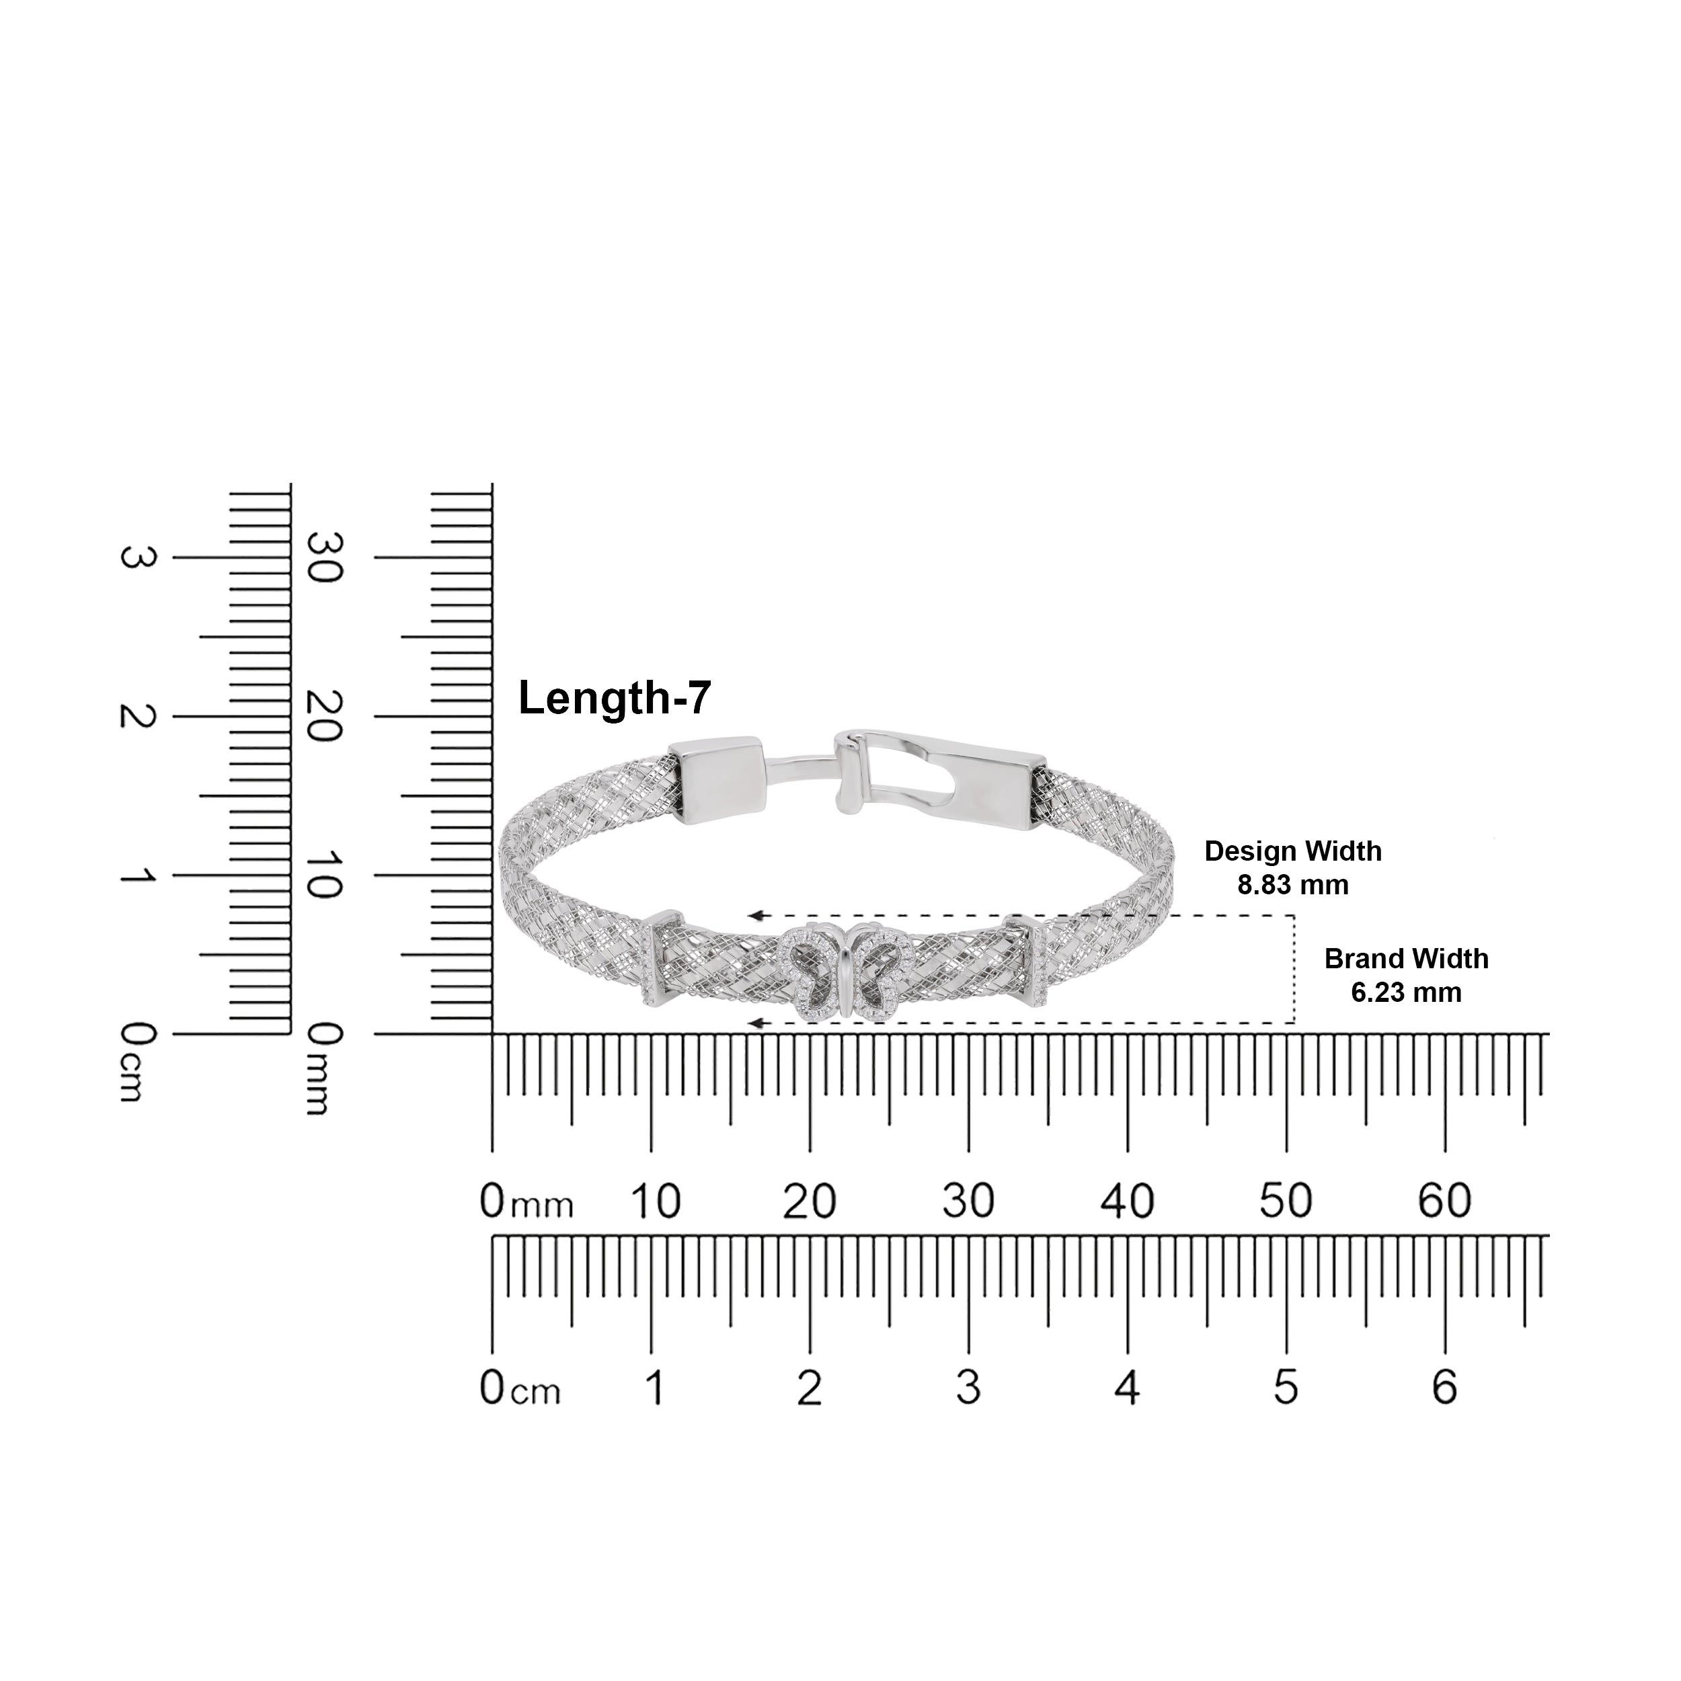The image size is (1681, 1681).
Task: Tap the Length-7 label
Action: pyautogui.click(x=615, y=699)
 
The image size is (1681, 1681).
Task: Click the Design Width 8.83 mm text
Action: pyautogui.click(x=1293, y=867)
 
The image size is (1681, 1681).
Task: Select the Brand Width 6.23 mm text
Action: pyautogui.click(x=1406, y=976)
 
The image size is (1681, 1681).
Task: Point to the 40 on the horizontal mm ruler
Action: pyautogui.click(x=1127, y=1202)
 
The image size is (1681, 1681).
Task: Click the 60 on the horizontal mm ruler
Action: pyautogui.click(x=1444, y=1202)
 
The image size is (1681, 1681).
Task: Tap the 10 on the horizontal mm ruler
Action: pyautogui.click(x=654, y=1202)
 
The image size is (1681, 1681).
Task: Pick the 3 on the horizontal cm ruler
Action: pyautogui.click(x=968, y=1387)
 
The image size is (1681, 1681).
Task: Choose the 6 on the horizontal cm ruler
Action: pyautogui.click(x=1444, y=1387)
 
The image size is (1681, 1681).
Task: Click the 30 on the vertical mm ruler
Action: pyautogui.click(x=325, y=557)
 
